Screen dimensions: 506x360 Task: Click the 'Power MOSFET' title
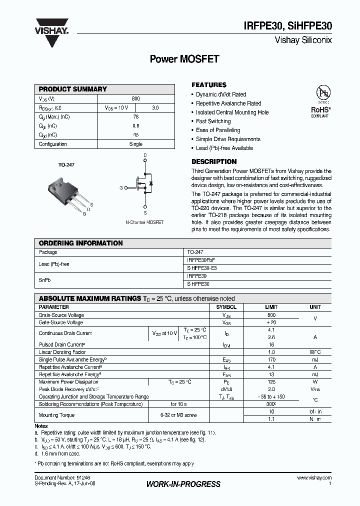(x=184, y=59)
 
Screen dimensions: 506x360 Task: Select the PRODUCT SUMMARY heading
(x=73, y=89)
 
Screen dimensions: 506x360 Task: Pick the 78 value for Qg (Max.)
(x=136, y=116)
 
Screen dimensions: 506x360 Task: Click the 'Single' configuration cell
(x=136, y=144)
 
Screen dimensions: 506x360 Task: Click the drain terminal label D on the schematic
(x=145, y=156)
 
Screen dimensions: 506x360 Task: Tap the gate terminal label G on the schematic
(x=121, y=187)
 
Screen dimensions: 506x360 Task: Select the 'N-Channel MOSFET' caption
(x=144, y=222)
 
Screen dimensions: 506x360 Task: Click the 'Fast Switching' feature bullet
(x=213, y=121)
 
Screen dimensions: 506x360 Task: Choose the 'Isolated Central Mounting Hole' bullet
(x=232, y=112)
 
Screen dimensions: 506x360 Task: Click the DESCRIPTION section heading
(x=214, y=162)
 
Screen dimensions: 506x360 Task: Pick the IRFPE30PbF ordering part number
(x=201, y=260)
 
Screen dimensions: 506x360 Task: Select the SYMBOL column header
(x=226, y=307)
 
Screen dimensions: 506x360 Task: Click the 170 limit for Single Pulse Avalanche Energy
(x=271, y=359)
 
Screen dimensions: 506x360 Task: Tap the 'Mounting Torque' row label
(x=56, y=415)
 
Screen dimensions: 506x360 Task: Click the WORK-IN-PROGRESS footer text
(x=183, y=484)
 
